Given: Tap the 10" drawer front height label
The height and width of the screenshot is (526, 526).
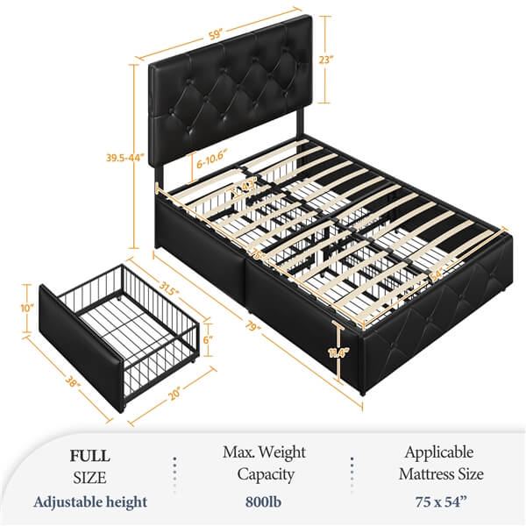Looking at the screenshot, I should pyautogui.click(x=27, y=309).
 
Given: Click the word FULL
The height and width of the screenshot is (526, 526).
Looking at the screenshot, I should pyautogui.click(x=90, y=456).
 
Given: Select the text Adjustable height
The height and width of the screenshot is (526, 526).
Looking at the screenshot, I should pyautogui.click(x=90, y=502).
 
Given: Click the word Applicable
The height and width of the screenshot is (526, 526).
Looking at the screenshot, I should pyautogui.click(x=438, y=453).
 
